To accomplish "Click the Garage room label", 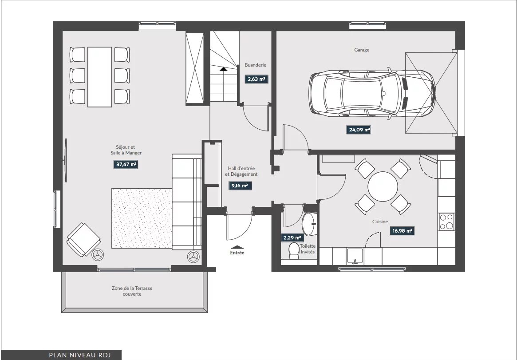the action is (362, 50).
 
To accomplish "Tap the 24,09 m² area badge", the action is (358, 130).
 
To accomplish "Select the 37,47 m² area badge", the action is (126, 164).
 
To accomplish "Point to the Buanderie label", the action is (255, 65).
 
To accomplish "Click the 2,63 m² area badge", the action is (256, 79).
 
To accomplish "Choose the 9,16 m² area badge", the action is (240, 186).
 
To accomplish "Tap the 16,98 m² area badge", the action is (402, 231).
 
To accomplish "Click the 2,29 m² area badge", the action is (292, 237).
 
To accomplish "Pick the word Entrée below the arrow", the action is (237, 253).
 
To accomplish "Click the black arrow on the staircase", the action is (223, 69).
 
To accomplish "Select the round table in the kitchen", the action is (383, 186).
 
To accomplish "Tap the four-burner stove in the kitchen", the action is (446, 222).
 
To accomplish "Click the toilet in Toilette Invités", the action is (293, 251).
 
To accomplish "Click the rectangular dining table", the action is (99, 77).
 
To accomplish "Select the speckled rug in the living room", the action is (142, 218).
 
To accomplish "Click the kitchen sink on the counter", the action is (355, 256).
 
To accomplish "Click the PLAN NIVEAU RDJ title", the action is (80, 355).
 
